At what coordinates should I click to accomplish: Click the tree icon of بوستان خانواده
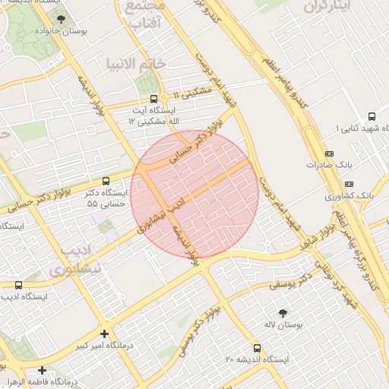point(61,19)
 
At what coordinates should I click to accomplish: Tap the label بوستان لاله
point(283,325)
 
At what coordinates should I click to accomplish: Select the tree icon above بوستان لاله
point(283,312)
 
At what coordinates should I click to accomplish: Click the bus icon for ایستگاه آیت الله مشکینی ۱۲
point(154,99)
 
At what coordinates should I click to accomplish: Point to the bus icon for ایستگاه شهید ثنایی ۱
point(372,116)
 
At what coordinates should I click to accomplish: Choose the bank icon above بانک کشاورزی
point(349,184)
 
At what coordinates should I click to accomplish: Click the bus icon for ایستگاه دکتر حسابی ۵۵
point(106,181)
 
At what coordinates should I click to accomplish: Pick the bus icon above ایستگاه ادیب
point(18,285)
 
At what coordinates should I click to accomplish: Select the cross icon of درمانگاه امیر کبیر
point(104,333)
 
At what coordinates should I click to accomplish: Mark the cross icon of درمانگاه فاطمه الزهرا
point(42,369)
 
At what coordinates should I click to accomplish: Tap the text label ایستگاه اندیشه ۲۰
point(261,359)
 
